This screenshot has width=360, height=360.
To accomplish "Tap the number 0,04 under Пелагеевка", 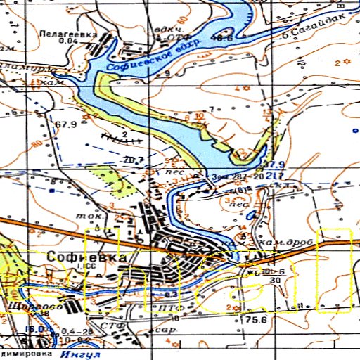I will pyautogui.click(x=69, y=41).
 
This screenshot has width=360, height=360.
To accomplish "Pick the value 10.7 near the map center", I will pyautogui.click(x=134, y=160).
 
